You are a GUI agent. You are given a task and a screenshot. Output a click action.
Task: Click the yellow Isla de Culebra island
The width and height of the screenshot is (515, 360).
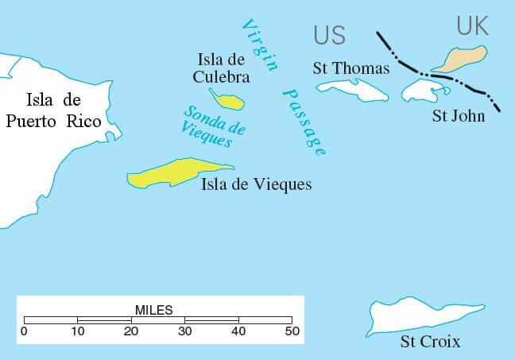click(231, 102)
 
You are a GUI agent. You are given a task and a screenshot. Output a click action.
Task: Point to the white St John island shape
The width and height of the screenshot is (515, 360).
click(421, 90)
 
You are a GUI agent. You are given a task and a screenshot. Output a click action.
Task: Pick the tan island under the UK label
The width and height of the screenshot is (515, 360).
click(460, 59)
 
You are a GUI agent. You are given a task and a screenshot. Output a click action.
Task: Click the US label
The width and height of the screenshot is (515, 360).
click(329, 35)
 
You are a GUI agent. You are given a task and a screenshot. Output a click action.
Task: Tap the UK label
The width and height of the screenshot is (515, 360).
click(472, 26)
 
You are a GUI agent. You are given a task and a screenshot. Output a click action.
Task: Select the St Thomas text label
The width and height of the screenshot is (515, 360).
click(350, 68)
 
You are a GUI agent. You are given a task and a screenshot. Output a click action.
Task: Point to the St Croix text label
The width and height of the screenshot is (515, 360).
click(430, 343)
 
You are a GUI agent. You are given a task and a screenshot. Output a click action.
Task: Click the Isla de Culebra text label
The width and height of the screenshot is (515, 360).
click(223, 68)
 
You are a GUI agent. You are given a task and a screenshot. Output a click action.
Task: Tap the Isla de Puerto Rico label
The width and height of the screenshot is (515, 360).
click(53, 110)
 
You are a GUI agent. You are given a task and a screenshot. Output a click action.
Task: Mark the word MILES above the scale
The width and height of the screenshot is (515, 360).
click(153, 309)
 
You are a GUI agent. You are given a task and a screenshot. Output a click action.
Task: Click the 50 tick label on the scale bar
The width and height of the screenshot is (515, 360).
click(292, 331)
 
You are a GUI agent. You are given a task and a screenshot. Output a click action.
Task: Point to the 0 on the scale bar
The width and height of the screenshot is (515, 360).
click(24, 331)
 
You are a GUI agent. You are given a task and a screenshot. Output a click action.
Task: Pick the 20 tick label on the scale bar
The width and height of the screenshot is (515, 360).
click(131, 331)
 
